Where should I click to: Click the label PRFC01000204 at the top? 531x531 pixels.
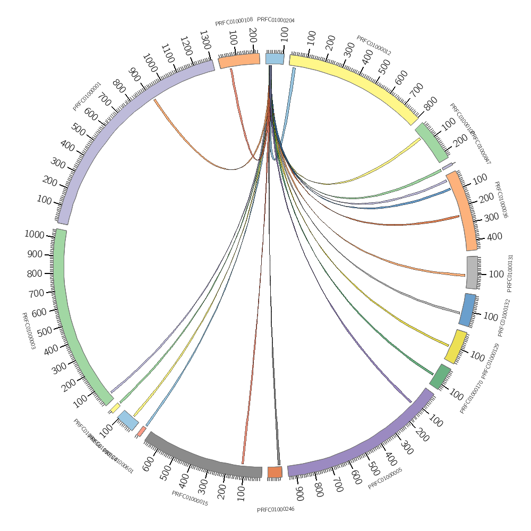click(276, 20)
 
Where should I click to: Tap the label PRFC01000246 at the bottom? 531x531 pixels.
click(276, 509)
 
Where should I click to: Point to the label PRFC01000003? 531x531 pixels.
click(28, 331)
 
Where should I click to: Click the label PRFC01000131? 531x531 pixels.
click(510, 273)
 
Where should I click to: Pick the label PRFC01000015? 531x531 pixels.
click(190, 498)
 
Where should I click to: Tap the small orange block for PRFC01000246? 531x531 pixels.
click(275, 472)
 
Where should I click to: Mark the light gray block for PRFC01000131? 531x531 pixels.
click(472, 272)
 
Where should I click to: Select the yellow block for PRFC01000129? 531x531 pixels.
click(456, 347)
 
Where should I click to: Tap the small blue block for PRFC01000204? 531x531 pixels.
click(275, 58)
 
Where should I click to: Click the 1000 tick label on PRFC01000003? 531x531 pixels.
click(35, 234)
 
